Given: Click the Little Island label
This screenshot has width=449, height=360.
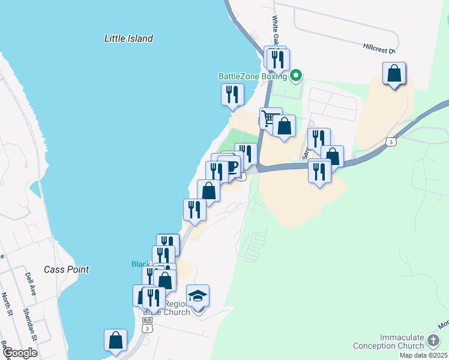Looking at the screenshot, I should (128, 38).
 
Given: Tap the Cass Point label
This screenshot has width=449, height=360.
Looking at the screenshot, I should (66, 269).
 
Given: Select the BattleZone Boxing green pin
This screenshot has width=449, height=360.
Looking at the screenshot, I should (295, 76).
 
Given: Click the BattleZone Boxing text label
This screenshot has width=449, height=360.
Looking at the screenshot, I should (253, 76).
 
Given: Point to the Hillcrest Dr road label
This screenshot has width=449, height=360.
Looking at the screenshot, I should (379, 47).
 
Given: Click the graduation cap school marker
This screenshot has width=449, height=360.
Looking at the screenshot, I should (197, 295).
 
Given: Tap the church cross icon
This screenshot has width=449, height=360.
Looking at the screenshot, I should (433, 341).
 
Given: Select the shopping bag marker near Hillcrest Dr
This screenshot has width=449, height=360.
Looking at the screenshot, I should (394, 73).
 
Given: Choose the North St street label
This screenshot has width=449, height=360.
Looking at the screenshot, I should (7, 303).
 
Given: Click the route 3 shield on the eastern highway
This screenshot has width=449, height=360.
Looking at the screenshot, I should (391, 142).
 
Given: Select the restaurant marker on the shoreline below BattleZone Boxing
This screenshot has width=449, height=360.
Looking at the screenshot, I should (232, 95).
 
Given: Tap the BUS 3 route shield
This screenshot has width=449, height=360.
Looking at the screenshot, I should (147, 325).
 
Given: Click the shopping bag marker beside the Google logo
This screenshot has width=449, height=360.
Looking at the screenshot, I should (115, 340).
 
